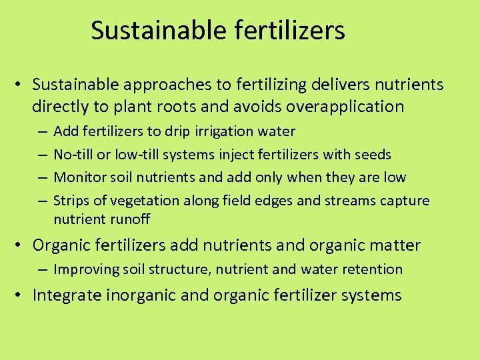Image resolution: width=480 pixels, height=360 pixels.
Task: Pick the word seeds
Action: [373, 155]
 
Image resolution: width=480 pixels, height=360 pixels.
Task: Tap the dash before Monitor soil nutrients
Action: [43, 177]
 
